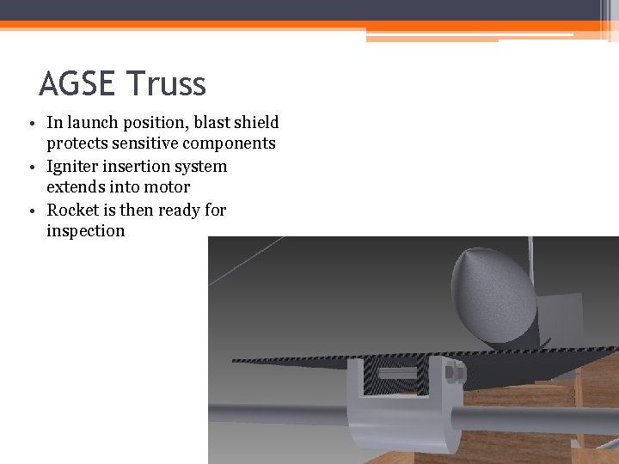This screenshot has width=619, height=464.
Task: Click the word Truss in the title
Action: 167,84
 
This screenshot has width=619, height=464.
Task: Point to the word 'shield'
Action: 255,123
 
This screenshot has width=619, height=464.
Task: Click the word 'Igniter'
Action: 73,166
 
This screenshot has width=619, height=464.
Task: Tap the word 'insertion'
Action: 138,166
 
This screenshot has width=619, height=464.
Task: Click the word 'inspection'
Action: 86,231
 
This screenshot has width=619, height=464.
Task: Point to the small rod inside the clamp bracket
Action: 397,375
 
